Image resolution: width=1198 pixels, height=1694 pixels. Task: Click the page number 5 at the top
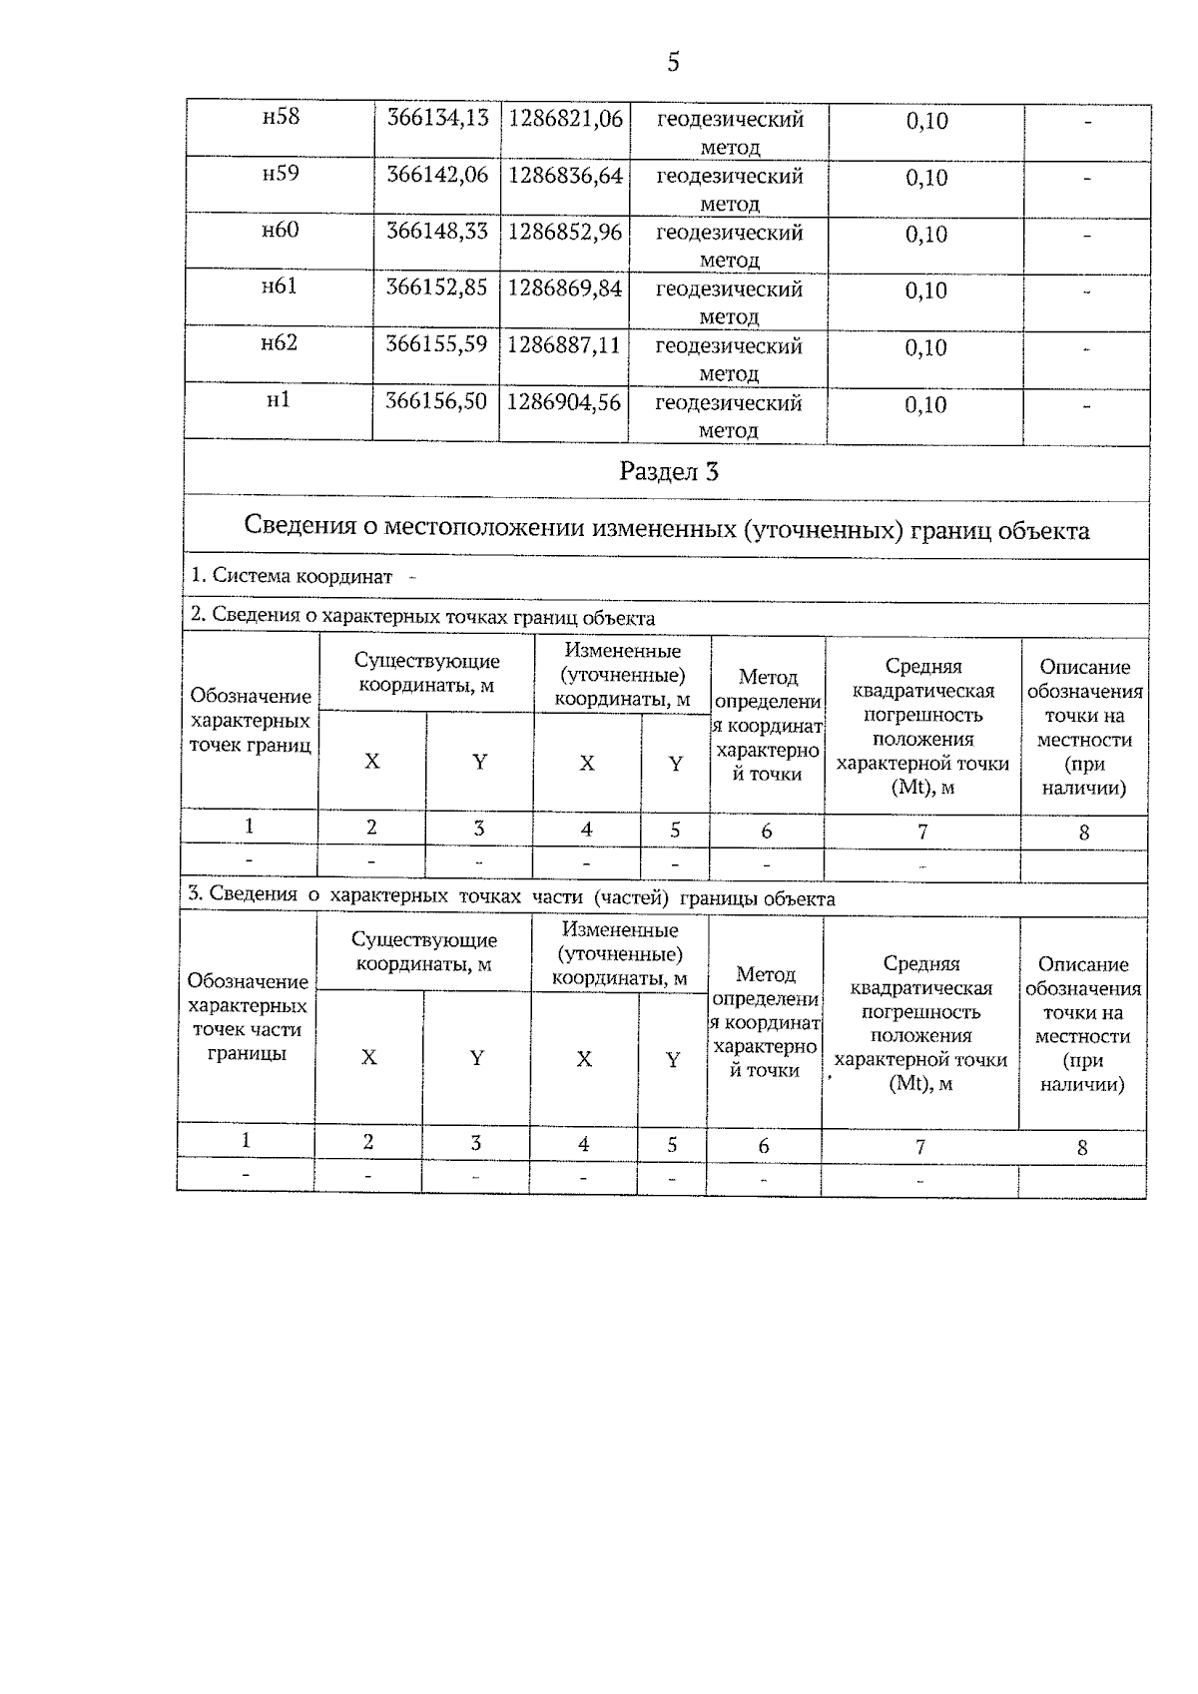[673, 63]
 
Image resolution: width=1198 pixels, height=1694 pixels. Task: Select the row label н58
[281, 117]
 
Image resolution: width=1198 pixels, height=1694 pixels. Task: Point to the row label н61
[280, 287]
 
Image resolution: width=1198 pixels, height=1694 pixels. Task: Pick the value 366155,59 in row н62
[436, 344]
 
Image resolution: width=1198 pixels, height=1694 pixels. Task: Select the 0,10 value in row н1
[925, 404]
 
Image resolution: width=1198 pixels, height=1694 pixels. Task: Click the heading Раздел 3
[668, 471]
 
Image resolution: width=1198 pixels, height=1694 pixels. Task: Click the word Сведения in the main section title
[296, 528]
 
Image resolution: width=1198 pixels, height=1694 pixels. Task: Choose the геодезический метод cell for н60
[729, 246]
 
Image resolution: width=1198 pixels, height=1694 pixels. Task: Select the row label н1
[279, 400]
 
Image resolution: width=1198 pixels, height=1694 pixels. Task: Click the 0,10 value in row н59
[926, 178]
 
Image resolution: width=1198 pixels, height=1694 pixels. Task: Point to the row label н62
[280, 343]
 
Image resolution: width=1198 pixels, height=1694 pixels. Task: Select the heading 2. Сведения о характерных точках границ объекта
[422, 618]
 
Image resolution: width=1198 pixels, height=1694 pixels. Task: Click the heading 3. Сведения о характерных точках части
[511, 897]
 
